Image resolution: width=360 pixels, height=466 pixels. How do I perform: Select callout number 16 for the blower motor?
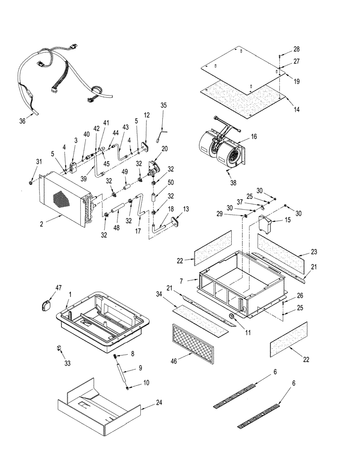pos(254,137)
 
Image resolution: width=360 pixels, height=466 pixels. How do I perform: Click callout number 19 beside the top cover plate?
pos(297,81)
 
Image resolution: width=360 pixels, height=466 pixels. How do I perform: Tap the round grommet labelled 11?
pos(231,316)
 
